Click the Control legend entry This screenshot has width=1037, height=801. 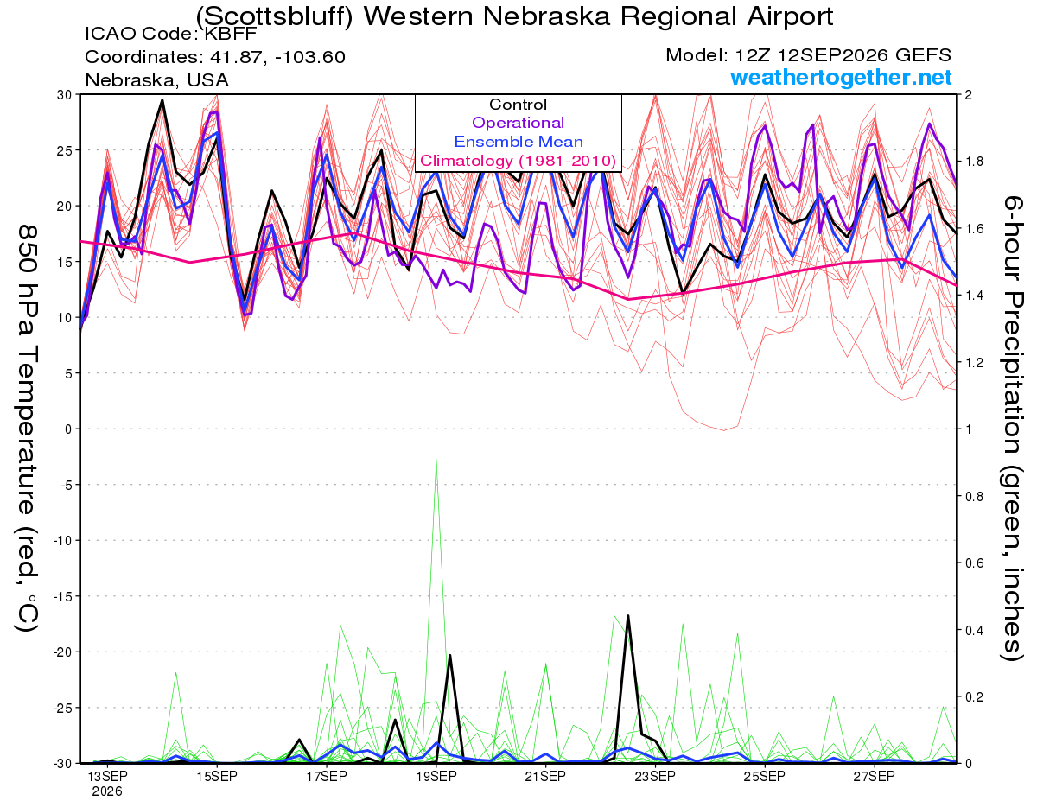[x=518, y=105]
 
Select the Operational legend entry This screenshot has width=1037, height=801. [x=518, y=123]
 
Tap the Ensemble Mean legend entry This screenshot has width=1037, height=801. [x=518, y=142]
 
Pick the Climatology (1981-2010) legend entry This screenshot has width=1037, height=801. [x=518, y=161]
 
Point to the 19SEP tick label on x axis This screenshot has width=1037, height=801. [x=436, y=776]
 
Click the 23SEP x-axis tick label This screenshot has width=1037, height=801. [x=655, y=776]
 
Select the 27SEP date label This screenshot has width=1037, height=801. [x=874, y=776]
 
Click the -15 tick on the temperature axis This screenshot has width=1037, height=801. [x=62, y=596]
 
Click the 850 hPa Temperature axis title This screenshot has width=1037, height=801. [x=27, y=428]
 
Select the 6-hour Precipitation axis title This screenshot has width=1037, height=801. [x=1012, y=428]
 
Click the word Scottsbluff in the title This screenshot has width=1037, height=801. [x=275, y=16]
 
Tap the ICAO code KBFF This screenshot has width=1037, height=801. [x=231, y=34]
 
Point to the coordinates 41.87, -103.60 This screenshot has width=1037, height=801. [x=277, y=57]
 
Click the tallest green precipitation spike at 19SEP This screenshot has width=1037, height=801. [x=436, y=460]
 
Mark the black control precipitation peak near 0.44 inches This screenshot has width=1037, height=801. [x=628, y=616]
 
